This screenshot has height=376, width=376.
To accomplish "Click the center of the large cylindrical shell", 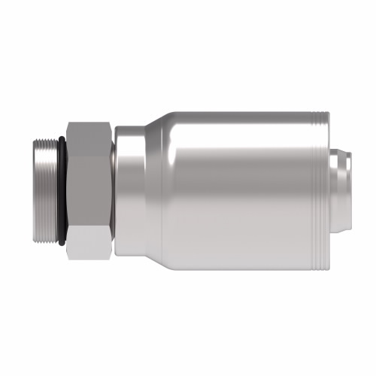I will pyautogui.click(x=241, y=188).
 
